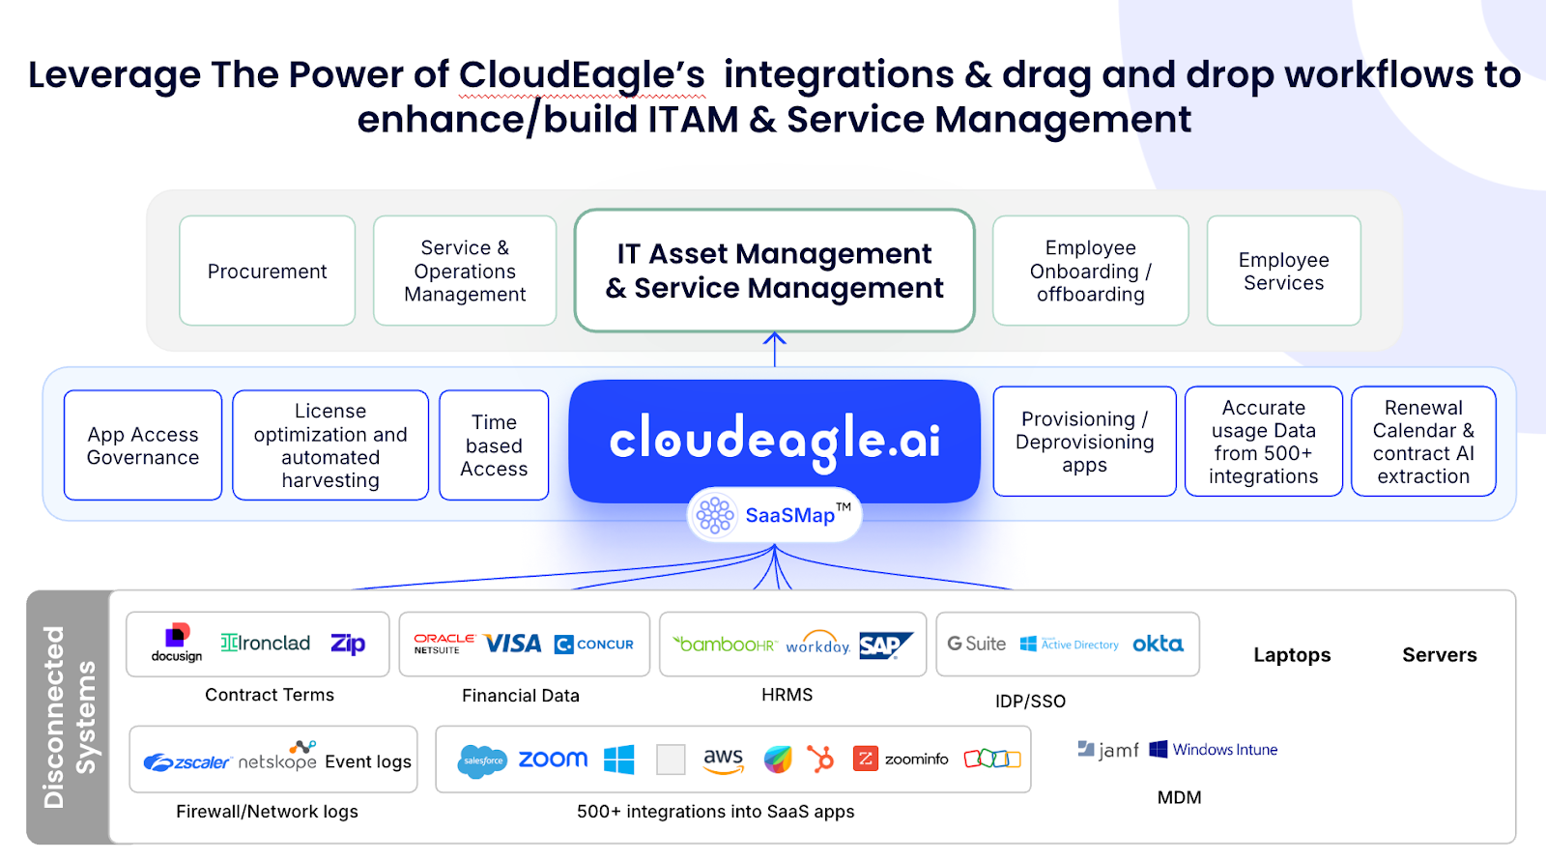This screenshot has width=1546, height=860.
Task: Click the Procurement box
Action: point(268,272)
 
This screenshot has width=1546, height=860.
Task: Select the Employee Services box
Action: point(1283,272)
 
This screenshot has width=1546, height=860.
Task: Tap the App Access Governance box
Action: point(143,445)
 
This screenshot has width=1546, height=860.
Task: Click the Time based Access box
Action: point(494,445)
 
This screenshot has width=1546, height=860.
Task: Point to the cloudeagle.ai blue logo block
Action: point(774,440)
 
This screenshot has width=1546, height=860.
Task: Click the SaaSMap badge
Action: point(774,515)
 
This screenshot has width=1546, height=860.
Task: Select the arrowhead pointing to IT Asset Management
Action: point(774,339)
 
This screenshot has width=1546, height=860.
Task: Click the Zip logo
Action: point(348,644)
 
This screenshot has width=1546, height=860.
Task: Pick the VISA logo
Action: point(512,644)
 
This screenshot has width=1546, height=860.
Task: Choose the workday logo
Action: point(817,645)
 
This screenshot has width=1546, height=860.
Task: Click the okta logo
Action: point(1158,644)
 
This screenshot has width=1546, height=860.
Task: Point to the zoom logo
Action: point(553,760)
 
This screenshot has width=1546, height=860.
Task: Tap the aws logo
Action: point(723,760)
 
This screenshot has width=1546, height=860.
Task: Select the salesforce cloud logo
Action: point(482,760)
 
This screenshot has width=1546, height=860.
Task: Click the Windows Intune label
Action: point(1224,750)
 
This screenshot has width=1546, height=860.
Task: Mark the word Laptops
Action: point(1292,655)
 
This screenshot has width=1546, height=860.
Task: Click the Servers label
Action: point(1439,655)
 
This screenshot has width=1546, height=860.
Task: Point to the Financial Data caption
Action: point(521,696)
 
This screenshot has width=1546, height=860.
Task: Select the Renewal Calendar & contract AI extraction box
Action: point(1423,442)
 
